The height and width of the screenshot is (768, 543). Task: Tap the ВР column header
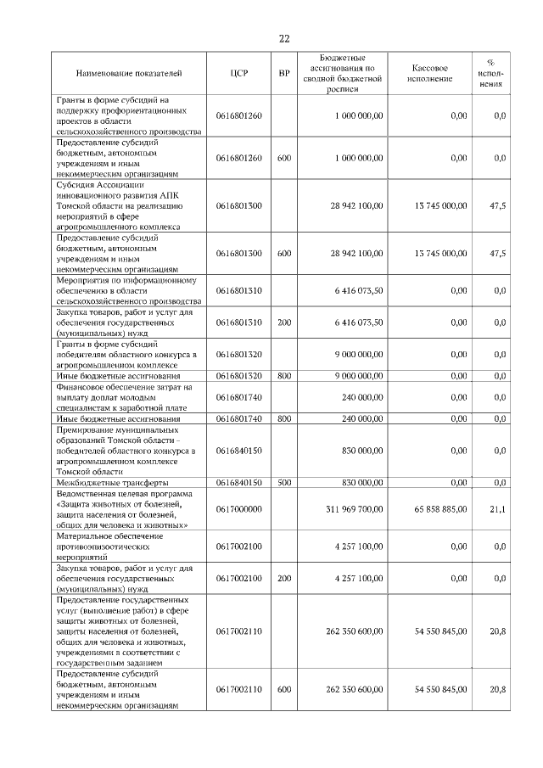point(284,75)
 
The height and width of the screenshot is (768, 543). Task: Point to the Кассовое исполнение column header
point(428,75)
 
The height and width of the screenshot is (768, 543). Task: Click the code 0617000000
point(238,509)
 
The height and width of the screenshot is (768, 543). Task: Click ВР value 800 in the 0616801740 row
point(284,418)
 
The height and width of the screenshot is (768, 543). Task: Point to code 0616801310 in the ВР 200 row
point(238,322)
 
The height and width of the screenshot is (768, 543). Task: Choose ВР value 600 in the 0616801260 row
point(284,158)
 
